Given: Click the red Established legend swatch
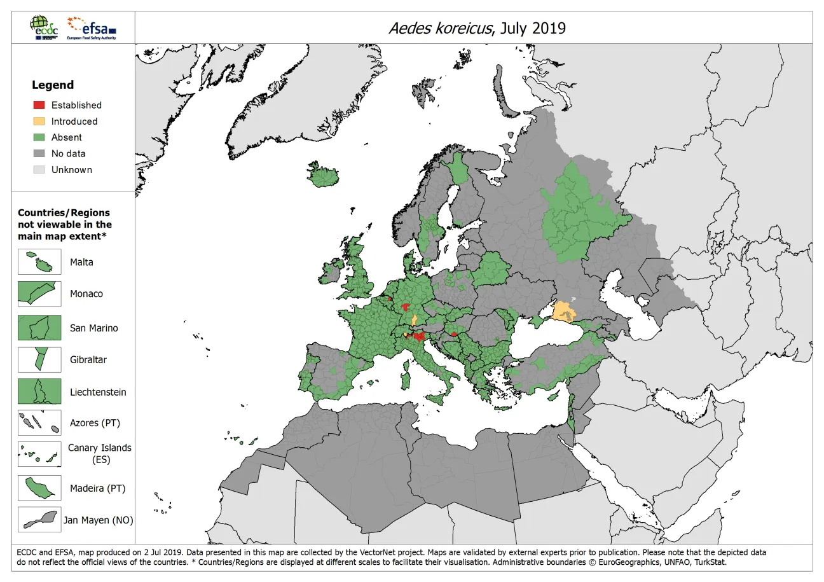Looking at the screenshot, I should pyautogui.click(x=39, y=105).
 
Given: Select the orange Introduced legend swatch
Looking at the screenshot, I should pyautogui.click(x=39, y=121).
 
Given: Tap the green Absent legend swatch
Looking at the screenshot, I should pyautogui.click(x=39, y=137).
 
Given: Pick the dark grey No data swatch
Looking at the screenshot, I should pyautogui.click(x=39, y=153).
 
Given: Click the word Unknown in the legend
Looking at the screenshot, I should pyautogui.click(x=71, y=170).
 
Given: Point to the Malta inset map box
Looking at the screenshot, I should pyautogui.click(x=39, y=262).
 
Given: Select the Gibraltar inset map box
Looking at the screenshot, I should pyautogui.click(x=39, y=359).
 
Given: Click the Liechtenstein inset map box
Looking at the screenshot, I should pyautogui.click(x=39, y=392).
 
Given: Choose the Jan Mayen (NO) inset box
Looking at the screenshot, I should pyautogui.click(x=39, y=520).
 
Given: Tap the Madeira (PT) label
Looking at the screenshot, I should pyautogui.click(x=97, y=488).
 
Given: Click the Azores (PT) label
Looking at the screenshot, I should pyautogui.click(x=95, y=423).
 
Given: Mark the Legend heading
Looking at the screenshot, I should pyautogui.click(x=53, y=85).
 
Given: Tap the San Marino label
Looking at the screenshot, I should pyautogui.click(x=93, y=328).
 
